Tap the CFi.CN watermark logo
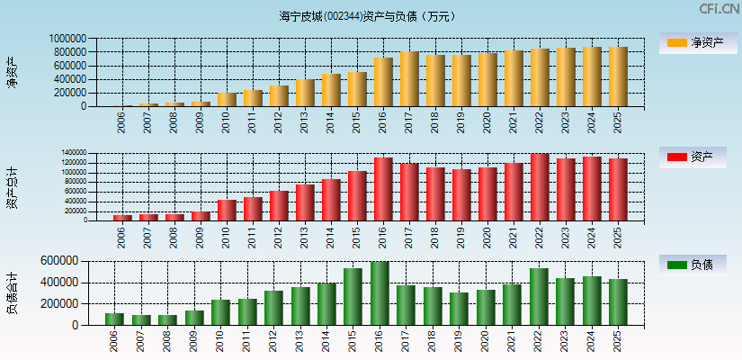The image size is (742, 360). pos(719,9)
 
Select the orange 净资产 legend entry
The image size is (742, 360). pos(693,42)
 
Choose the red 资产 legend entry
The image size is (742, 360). pos(693,157)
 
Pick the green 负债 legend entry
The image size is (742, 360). pos(693,265)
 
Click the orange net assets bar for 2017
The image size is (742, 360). pos(409,79)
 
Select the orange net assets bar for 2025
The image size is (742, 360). pos(618,76)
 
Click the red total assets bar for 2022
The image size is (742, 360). pos(540,187)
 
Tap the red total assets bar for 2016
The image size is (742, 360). pos(383,189)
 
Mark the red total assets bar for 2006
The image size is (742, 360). pos(122,217)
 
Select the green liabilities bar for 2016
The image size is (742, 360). pos(380,293)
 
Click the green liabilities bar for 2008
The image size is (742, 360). pos(167,319)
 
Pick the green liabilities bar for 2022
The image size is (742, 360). pos(539,296)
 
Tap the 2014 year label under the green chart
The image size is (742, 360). pos(326,339)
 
